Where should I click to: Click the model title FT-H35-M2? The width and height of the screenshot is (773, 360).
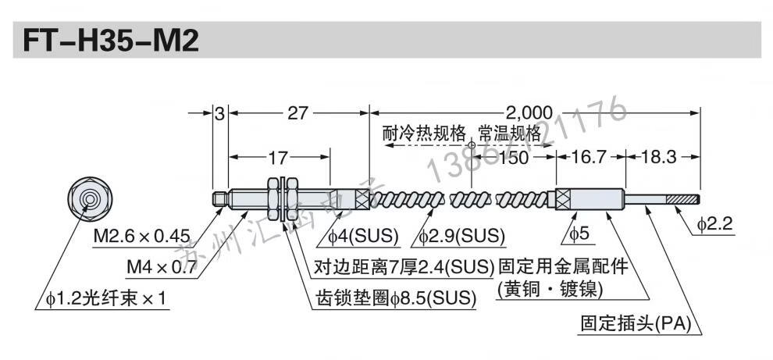(x=105, y=40)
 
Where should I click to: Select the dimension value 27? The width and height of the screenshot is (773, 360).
(x=297, y=112)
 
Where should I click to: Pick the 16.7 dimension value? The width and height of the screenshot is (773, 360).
(x=590, y=157)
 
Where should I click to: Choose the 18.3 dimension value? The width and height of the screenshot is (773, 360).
(x=657, y=157)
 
